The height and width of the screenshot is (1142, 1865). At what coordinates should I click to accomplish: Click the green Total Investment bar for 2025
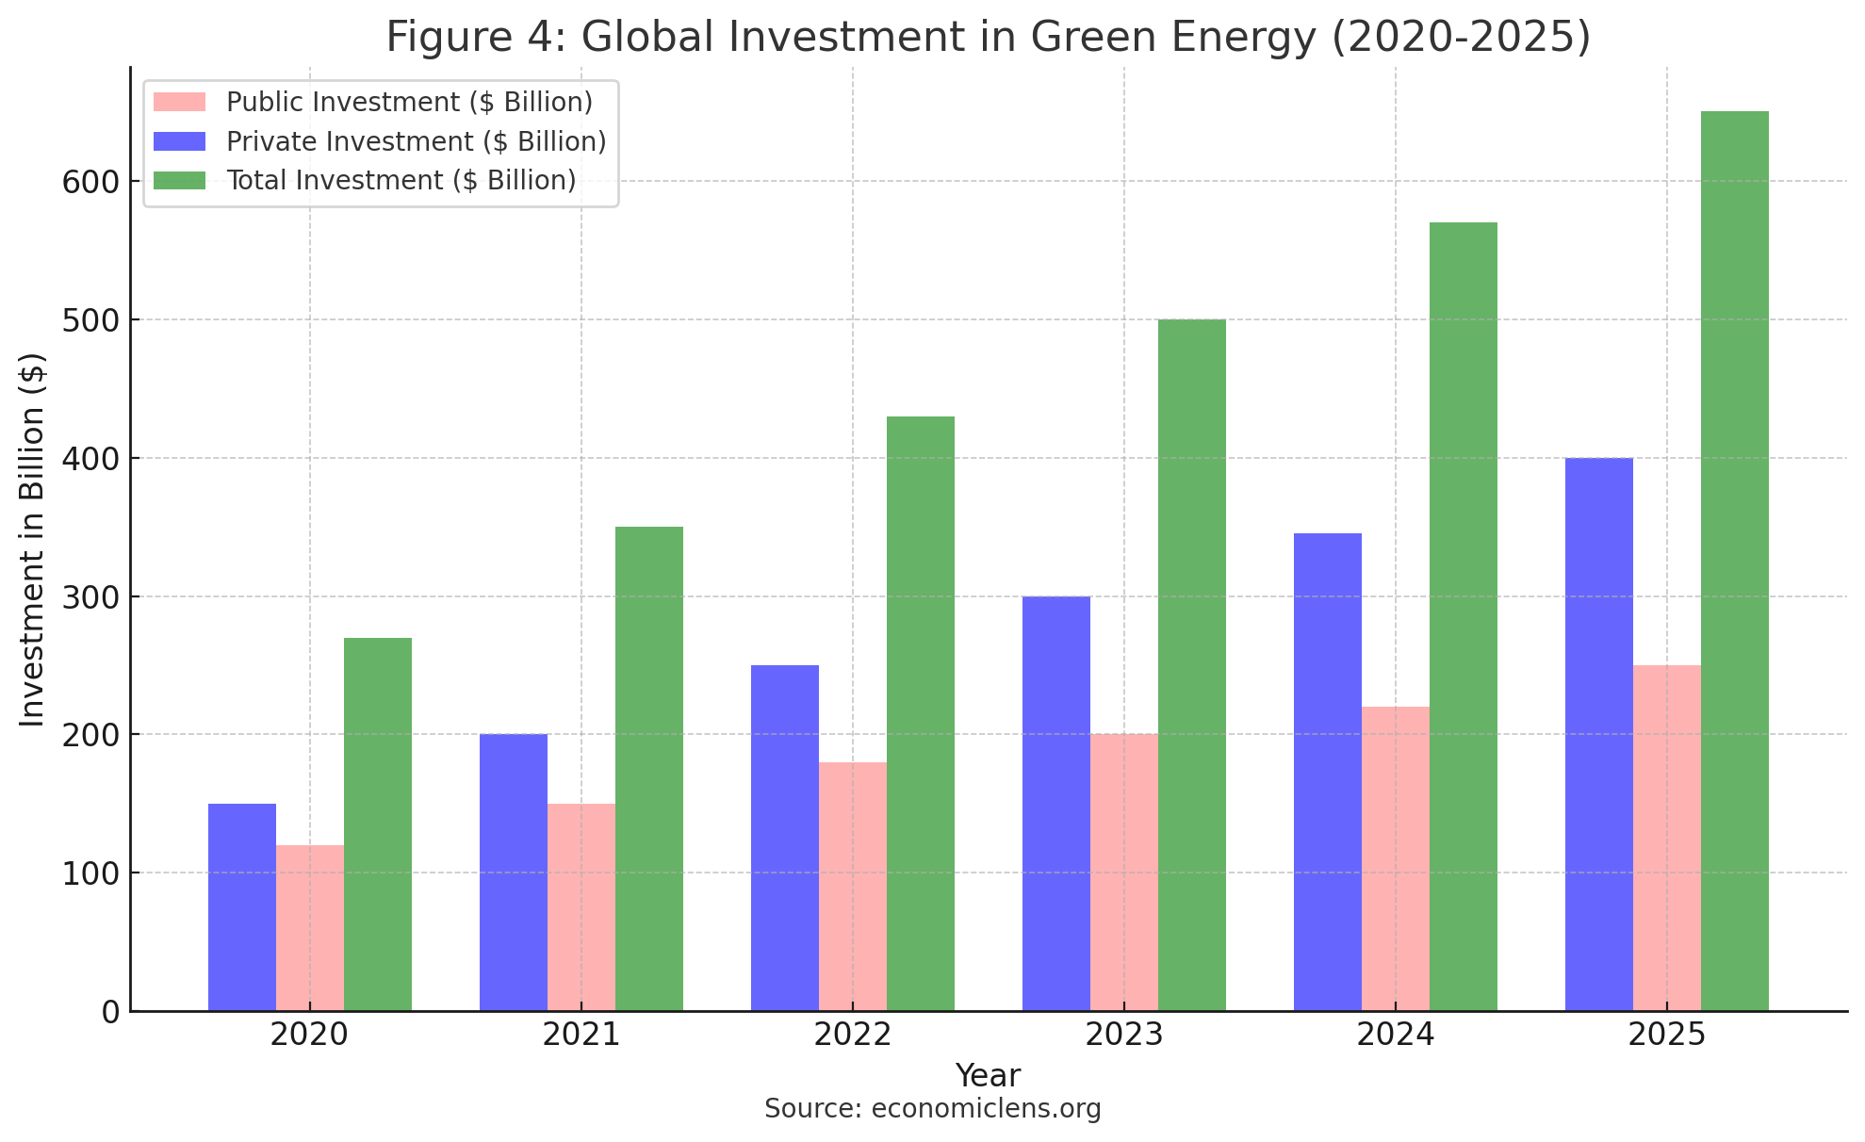coord(1734,561)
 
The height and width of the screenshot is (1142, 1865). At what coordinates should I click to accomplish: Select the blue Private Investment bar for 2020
coord(241,906)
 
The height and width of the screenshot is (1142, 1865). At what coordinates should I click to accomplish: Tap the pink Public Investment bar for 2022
coord(852,886)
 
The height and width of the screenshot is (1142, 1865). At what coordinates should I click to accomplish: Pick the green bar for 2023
coord(1191,664)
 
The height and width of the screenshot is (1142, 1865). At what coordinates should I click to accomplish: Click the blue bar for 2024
coord(1327,772)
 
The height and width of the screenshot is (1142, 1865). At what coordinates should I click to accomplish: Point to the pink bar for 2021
coord(581,906)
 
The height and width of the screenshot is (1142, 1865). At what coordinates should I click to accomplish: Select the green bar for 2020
coord(377,824)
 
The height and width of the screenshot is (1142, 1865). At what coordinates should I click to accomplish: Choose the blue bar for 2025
coord(1598,734)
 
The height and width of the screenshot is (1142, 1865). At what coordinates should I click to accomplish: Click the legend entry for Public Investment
coord(409,102)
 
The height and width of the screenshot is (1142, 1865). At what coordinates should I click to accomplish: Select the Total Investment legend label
coord(401,180)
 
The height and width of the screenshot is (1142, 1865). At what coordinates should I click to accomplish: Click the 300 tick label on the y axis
coord(90,597)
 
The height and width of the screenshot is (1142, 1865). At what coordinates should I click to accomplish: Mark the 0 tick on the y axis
coord(110,1012)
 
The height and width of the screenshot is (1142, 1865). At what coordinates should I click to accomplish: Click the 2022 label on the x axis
coord(852,1036)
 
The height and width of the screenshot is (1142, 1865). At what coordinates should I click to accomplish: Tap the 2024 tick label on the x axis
coord(1395,1036)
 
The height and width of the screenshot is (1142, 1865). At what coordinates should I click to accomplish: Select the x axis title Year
coord(987,1075)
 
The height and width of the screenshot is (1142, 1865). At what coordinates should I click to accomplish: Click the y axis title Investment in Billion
coord(33,539)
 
